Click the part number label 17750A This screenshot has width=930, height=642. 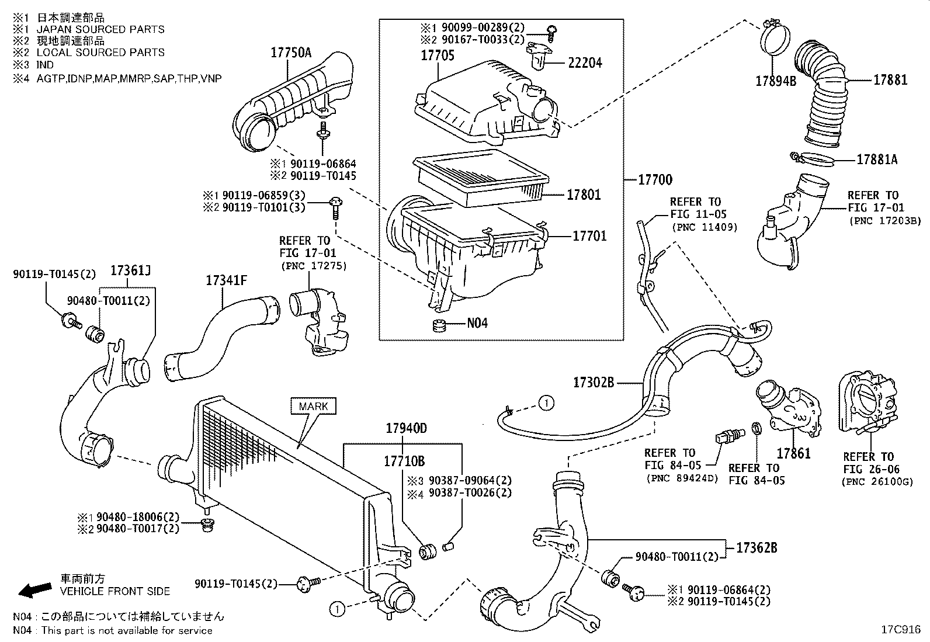290,53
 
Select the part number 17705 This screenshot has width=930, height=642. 438,56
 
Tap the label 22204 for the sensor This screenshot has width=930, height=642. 585,63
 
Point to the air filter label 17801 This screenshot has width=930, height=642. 584,195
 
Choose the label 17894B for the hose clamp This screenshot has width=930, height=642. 776,82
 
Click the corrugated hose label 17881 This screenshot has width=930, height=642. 890,80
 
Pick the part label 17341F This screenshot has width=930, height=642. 226,280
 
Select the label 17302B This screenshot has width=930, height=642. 594,383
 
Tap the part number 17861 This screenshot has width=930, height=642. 793,453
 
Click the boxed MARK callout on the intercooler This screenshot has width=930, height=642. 313,406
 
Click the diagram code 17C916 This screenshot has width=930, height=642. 901,630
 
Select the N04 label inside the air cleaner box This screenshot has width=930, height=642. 477,323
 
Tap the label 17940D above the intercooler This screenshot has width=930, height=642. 406,428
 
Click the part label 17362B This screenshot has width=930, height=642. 757,548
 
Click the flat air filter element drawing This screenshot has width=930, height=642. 480,179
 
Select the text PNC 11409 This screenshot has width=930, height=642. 705,227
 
